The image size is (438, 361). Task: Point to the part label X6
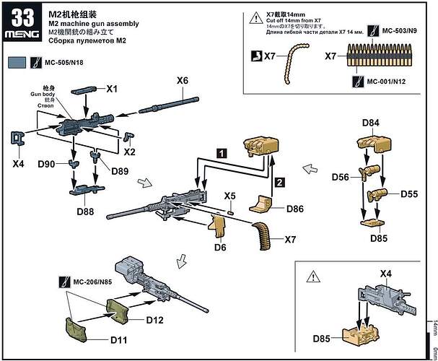coord(183,79)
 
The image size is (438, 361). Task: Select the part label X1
coord(112,89)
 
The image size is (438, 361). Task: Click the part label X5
coord(230,196)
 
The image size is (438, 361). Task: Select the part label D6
coord(219,248)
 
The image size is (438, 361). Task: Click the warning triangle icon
coord(312,275)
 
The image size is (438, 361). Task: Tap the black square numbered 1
coord(223,153)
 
